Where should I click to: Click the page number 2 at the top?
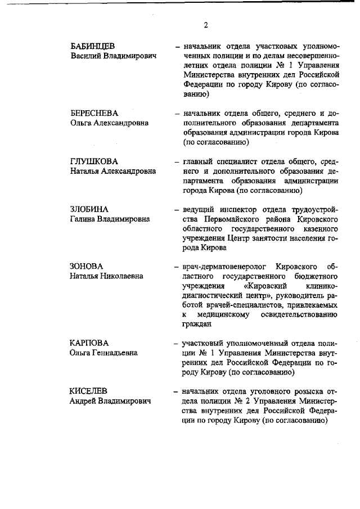pos(206,24)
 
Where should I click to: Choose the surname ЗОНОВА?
pos(87,266)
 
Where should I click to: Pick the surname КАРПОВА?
pos(89,343)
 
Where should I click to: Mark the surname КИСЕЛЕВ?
pos(89,391)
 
